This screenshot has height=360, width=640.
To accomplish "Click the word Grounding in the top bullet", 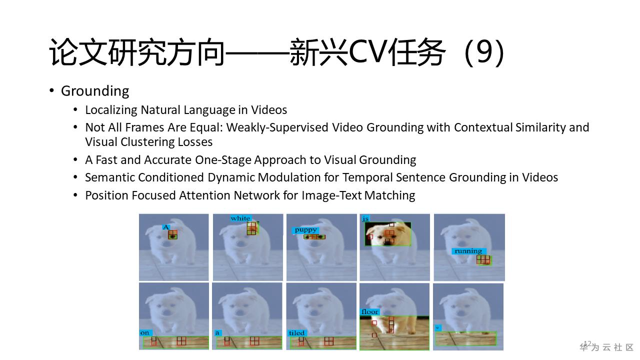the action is pyautogui.click(x=95, y=91).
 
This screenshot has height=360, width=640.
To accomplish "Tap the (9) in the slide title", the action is pyautogui.click(x=484, y=52).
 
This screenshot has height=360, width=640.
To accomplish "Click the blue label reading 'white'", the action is pyautogui.click(x=240, y=218).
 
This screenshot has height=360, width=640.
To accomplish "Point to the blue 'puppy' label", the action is pyautogui.click(x=305, y=230).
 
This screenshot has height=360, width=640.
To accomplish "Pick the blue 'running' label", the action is pyautogui.click(x=468, y=251).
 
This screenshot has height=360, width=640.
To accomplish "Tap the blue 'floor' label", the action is pyautogui.click(x=369, y=311).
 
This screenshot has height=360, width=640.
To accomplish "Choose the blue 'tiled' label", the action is pyautogui.click(x=296, y=333).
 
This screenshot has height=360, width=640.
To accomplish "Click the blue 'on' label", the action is pyautogui.click(x=145, y=333).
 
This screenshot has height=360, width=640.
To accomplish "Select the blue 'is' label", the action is pyautogui.click(x=365, y=219).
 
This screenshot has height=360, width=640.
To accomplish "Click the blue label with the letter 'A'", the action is pyautogui.click(x=166, y=227).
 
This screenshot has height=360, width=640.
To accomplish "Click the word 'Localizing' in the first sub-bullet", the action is pyautogui.click(x=111, y=110).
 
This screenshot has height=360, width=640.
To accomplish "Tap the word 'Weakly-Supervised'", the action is pyautogui.click(x=277, y=127).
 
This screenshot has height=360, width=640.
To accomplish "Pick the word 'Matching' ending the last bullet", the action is pyautogui.click(x=389, y=195).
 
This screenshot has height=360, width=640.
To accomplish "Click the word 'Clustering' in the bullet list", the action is pyautogui.click(x=147, y=142).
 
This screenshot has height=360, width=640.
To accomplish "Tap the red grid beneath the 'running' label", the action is pyautogui.click(x=483, y=260).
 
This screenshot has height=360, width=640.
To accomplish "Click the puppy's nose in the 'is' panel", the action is pyautogui.click(x=387, y=241).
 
